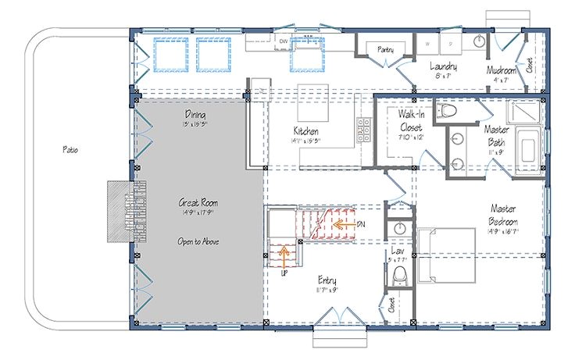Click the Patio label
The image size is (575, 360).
(x=69, y=148)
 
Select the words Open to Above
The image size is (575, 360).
(x=197, y=241)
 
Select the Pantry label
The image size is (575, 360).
(x=384, y=49)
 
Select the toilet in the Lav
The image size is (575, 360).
(x=400, y=275)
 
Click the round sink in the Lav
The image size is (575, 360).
(x=400, y=227)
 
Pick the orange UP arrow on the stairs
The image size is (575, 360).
(x=284, y=254)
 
